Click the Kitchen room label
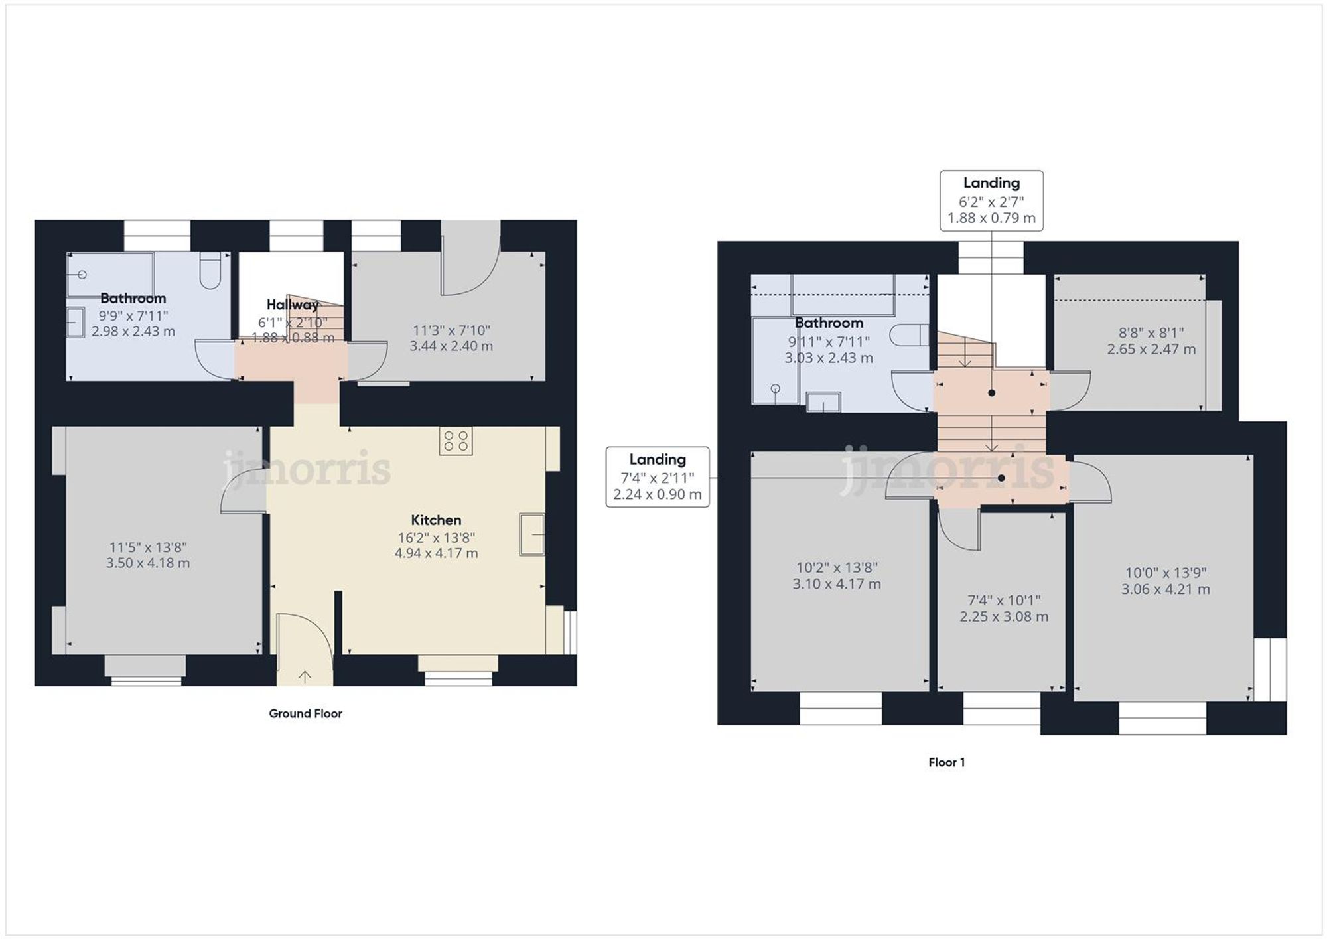pos(436,520)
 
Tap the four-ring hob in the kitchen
pos(456,441)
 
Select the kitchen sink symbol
pos(531,534)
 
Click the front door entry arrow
pos(305,676)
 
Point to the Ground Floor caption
pos(305,713)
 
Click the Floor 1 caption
pos(946,762)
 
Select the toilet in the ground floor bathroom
pos(210,270)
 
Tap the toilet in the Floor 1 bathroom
pos(909,336)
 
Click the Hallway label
pos(292,305)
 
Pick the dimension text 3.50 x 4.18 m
pos(148,563)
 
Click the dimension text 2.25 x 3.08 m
pos(1003,616)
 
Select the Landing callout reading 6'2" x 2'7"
pos(991,200)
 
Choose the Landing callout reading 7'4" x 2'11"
pos(657,477)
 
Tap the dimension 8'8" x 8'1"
pos(1151,333)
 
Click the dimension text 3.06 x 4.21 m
pos(1165,589)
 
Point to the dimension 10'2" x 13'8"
pos(837,567)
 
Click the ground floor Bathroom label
pos(133,298)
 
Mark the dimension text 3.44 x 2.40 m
pos(451,346)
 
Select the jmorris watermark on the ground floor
pos(307,468)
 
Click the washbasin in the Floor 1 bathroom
pos(823,402)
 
